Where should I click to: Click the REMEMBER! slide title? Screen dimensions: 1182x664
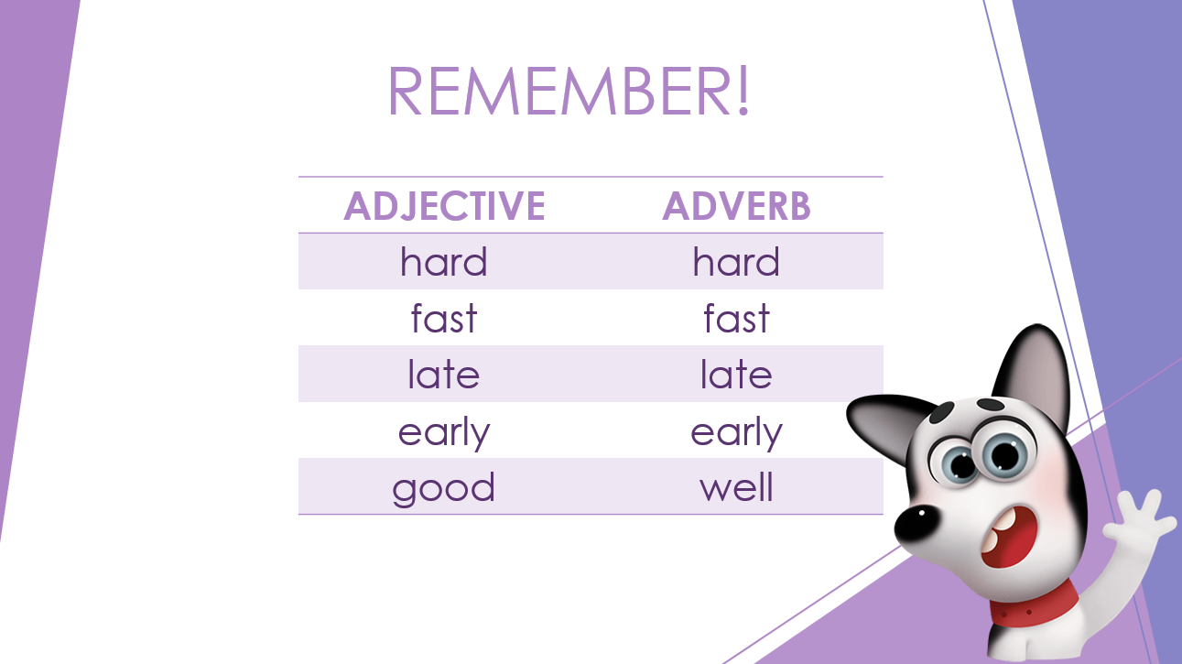click(569, 91)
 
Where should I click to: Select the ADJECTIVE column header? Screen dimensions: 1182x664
click(444, 206)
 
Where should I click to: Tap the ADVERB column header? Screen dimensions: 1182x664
click(736, 206)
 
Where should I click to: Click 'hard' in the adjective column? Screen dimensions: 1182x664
click(444, 261)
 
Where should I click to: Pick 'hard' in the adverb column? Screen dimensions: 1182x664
click(736, 261)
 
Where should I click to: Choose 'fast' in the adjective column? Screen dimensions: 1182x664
click(444, 318)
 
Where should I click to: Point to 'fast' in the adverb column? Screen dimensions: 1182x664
click(736, 318)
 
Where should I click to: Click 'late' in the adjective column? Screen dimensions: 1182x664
click(444, 374)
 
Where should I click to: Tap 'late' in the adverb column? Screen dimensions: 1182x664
click(736, 374)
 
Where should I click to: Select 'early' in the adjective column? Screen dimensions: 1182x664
click(444, 433)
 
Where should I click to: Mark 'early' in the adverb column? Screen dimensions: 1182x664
click(736, 433)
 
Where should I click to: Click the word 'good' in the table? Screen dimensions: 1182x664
click(444, 489)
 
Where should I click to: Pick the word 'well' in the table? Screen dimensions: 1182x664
click(736, 486)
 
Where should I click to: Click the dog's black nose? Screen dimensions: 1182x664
click(917, 523)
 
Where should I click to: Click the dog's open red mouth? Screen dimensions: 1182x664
click(1008, 537)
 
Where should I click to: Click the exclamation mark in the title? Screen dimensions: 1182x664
click(743, 91)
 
